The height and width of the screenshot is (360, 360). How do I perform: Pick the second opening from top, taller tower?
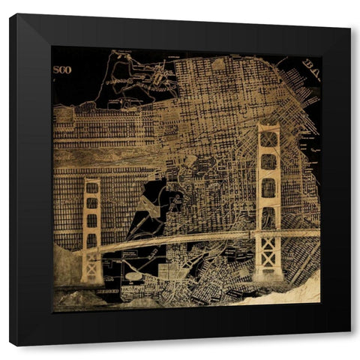point(268,163)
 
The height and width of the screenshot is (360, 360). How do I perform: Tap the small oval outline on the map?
point(133,276)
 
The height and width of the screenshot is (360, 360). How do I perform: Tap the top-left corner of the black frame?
point(10,15)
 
